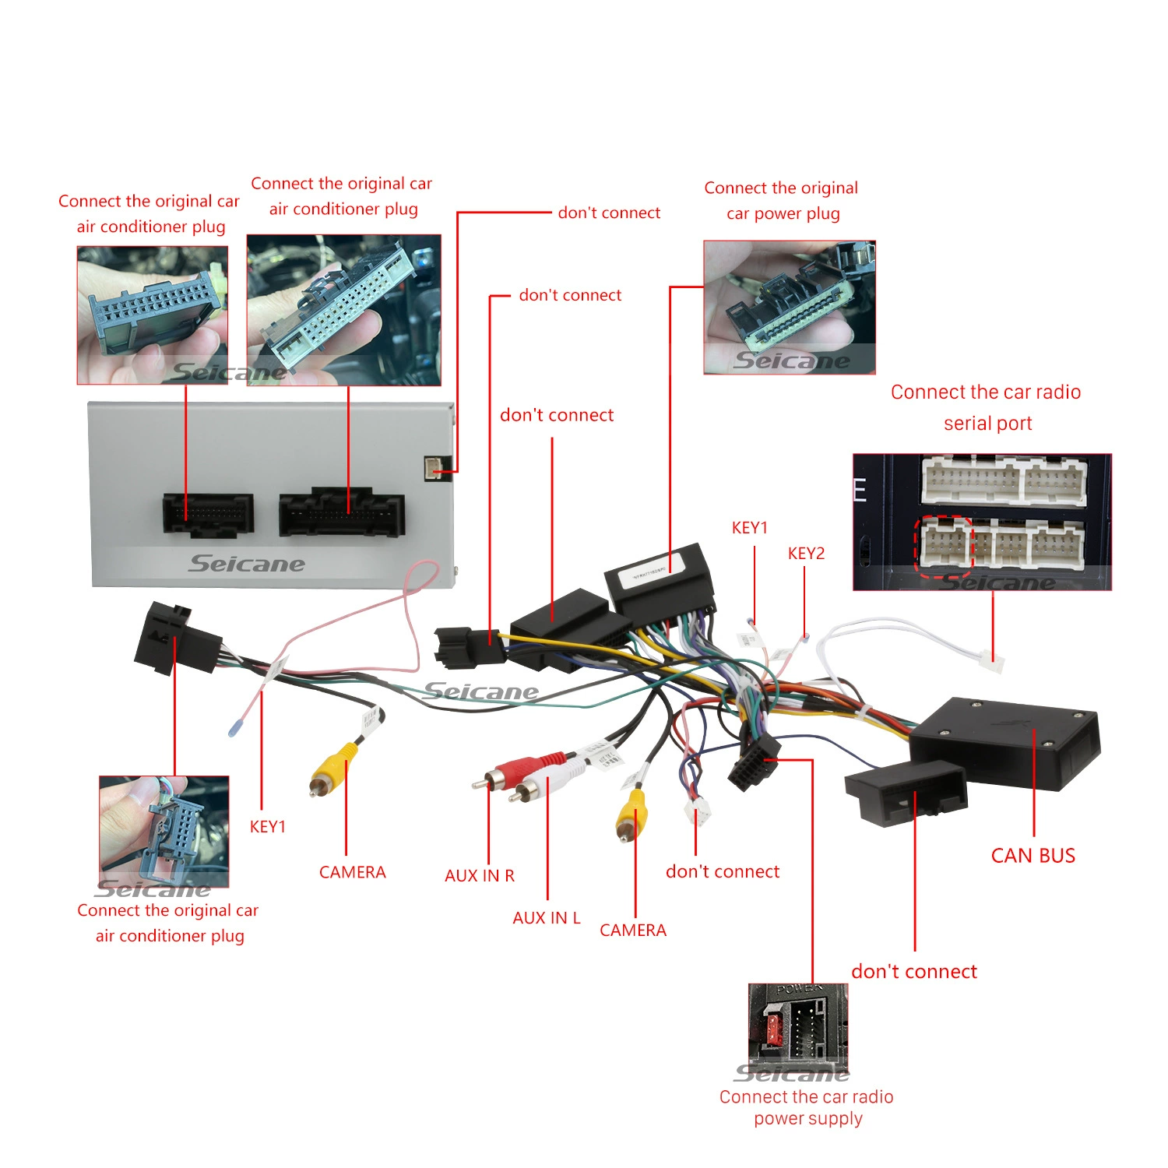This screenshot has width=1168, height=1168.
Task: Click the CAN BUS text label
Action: coord(1033,856)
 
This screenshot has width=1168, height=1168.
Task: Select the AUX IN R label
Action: coord(480,876)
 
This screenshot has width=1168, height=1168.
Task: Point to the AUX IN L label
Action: coord(547,918)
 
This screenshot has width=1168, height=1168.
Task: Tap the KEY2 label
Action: coord(806,554)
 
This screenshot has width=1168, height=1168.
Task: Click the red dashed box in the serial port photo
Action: coord(944,546)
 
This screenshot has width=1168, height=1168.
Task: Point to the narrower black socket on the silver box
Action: coord(208,515)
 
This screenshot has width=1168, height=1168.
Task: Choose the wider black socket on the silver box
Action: coord(342,512)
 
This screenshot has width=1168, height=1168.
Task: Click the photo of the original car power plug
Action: coord(790,307)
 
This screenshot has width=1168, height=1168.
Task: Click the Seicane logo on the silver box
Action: coord(247,564)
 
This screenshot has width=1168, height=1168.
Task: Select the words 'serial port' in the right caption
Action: coord(987,424)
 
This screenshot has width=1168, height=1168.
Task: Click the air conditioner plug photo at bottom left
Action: coord(164,832)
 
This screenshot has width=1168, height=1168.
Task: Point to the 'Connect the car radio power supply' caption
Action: coord(807,1108)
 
